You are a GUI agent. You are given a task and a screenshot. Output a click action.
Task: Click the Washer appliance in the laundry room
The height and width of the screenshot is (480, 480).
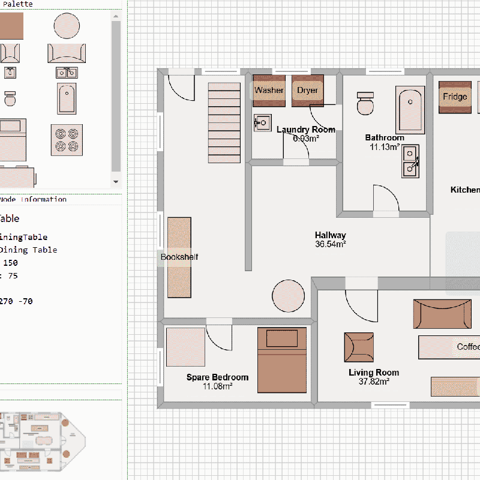pyautogui.click(x=269, y=91)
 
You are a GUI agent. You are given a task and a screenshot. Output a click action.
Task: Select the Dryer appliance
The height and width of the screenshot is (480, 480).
pyautogui.click(x=308, y=91)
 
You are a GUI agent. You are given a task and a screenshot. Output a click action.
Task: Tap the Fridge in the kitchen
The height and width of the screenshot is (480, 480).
pyautogui.click(x=455, y=97)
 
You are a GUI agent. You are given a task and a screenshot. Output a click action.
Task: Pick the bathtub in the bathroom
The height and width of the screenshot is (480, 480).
pyautogui.click(x=410, y=110)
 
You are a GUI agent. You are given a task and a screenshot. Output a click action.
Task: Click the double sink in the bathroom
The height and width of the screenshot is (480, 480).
pyautogui.click(x=410, y=161)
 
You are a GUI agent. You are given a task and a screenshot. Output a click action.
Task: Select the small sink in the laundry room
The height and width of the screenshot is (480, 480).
pyautogui.click(x=262, y=123)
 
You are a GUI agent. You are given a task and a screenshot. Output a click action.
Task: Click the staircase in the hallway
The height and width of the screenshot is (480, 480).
pyautogui.click(x=224, y=122)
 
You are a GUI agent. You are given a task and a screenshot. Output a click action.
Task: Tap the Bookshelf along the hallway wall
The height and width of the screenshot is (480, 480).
pyautogui.click(x=179, y=258)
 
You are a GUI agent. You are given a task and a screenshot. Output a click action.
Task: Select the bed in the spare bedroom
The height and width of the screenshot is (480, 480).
pyautogui.click(x=282, y=359)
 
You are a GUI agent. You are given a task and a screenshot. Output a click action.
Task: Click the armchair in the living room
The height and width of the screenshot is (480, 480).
pyautogui.click(x=359, y=347)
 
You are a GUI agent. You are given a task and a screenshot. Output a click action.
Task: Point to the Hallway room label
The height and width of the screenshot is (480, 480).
pyautogui.click(x=330, y=235)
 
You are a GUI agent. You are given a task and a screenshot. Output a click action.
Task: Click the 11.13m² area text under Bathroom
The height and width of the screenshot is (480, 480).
pyautogui.click(x=385, y=146)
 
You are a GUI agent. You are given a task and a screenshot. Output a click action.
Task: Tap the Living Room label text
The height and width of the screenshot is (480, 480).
pyautogui.click(x=373, y=373)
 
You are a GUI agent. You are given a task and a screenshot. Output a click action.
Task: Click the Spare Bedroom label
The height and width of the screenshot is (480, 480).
pyautogui.click(x=217, y=377)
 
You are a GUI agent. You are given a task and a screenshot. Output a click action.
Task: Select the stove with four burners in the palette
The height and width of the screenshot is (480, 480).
pyautogui.click(x=67, y=140)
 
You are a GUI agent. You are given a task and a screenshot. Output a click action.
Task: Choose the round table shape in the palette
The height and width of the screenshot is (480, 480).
pyautogui.click(x=67, y=26)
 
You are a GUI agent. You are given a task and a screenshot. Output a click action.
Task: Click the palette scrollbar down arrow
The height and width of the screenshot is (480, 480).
pyautogui.click(x=116, y=182)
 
